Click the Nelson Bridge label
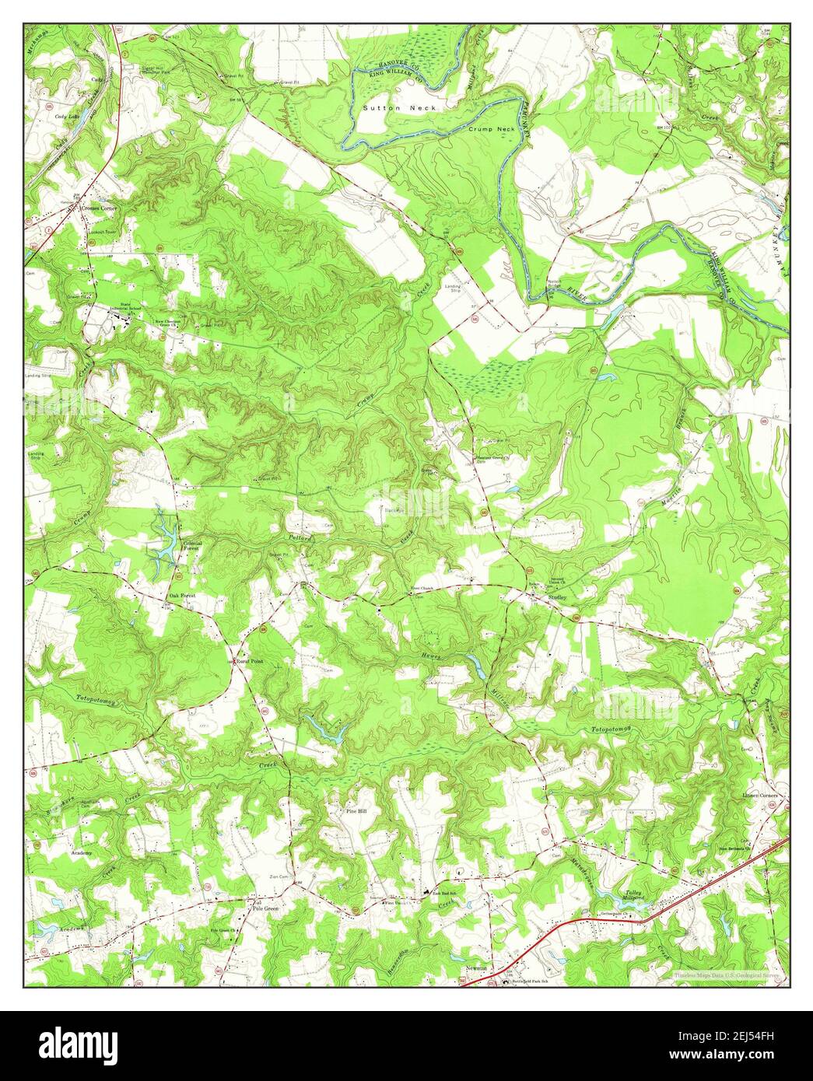[x=554, y=284]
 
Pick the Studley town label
[x=558, y=596]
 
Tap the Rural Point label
[x=251, y=660]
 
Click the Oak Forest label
[x=183, y=596]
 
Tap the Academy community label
[x=82, y=853]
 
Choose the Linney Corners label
[x=764, y=796]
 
